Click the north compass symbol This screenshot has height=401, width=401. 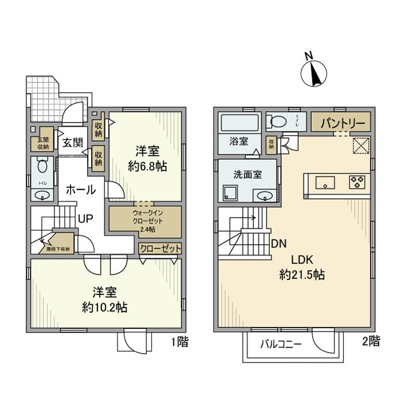(x=313, y=72)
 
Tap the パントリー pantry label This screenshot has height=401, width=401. (x=340, y=123)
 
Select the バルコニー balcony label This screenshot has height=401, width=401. (x=281, y=345)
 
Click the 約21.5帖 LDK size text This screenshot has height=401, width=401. (x=302, y=274)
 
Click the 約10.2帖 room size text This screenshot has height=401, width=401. (x=104, y=307)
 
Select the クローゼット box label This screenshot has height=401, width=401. (x=160, y=249)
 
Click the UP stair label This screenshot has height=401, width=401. (x=86, y=219)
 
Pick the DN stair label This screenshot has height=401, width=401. (x=279, y=243)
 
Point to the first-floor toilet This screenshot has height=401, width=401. (x=42, y=167)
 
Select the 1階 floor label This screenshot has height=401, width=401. (x=179, y=342)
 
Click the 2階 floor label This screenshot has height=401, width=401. (x=371, y=342)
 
